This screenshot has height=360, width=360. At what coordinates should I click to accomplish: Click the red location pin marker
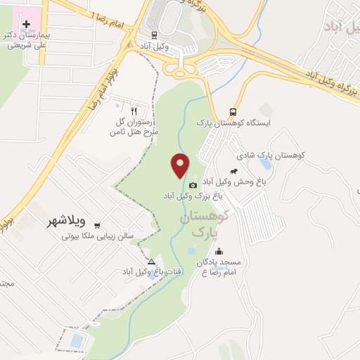181,165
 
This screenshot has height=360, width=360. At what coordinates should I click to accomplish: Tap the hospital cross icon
27,24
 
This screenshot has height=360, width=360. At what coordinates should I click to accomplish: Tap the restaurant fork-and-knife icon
134,110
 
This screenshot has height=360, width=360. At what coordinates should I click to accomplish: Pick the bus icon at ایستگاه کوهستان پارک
232,112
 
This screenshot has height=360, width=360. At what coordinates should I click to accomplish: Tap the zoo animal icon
233,172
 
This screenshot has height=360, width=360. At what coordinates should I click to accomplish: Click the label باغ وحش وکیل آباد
233,182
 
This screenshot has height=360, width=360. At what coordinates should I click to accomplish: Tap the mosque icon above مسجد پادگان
219,252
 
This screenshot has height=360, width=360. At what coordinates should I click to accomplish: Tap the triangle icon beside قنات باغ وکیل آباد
151,262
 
